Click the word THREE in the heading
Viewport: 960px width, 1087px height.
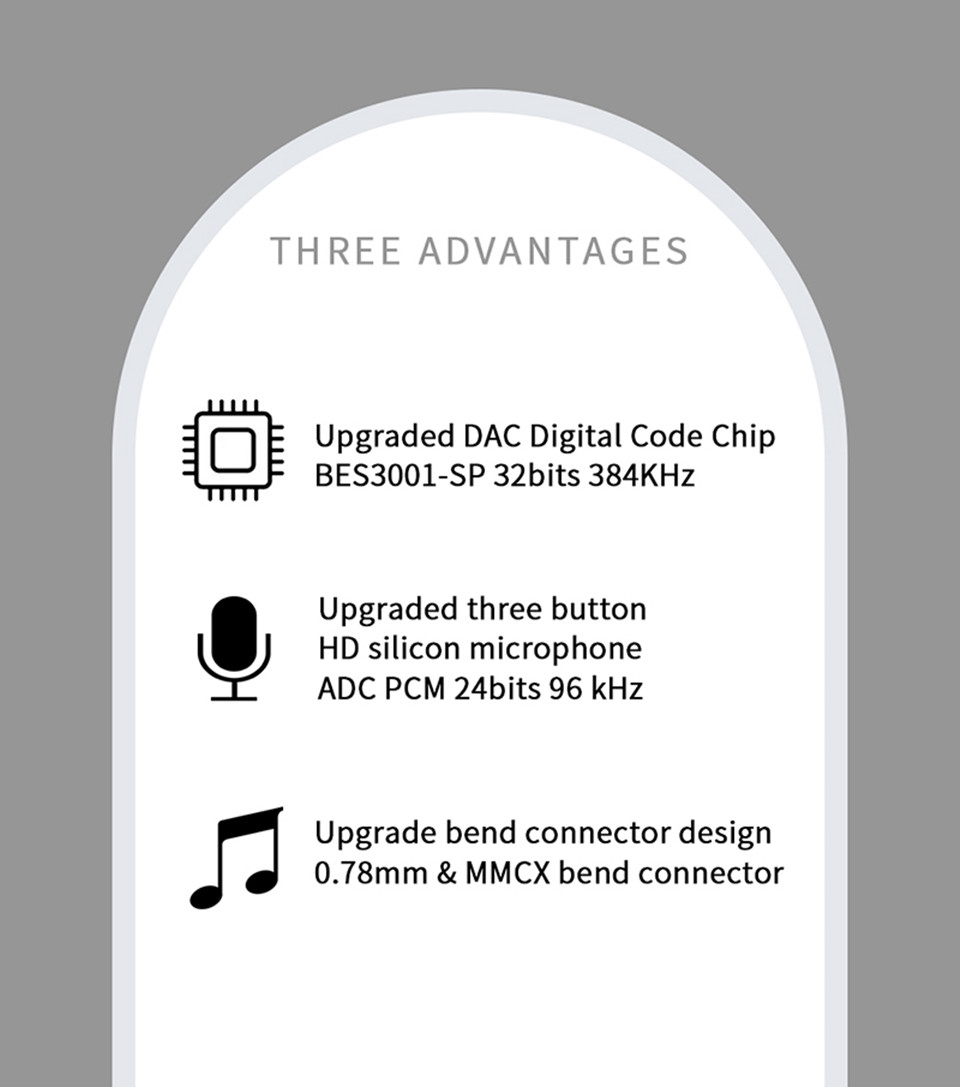335,251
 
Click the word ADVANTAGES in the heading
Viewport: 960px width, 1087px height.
553,251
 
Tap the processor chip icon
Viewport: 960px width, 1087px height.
233,450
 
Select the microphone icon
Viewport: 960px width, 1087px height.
234,647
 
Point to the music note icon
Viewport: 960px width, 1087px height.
236,858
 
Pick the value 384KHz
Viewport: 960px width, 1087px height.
641,476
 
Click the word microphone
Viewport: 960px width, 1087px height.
556,650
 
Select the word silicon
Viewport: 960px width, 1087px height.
414,649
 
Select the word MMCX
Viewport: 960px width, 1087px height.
507,873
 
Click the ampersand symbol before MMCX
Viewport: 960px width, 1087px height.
446,873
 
